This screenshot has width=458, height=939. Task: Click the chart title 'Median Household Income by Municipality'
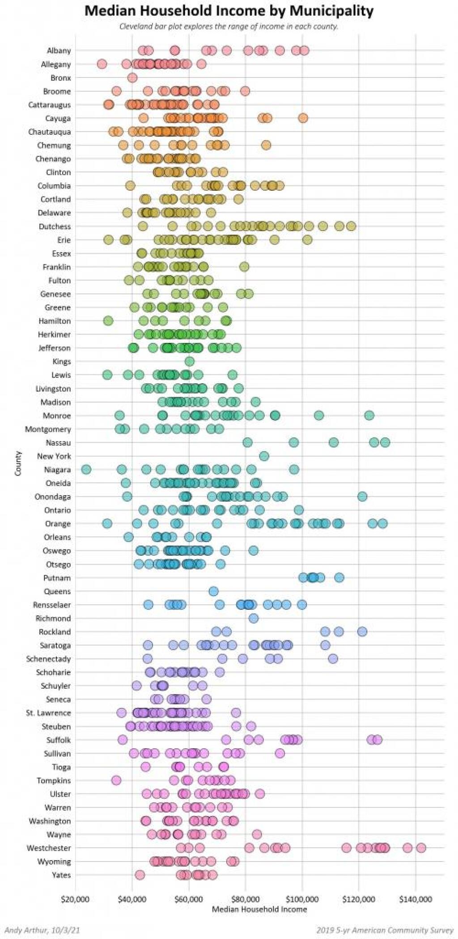point(229,10)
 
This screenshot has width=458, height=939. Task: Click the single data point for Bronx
point(132,78)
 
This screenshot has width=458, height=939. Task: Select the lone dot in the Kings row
point(190,361)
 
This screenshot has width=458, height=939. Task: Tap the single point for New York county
point(264,456)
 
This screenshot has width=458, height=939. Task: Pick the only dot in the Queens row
point(213,592)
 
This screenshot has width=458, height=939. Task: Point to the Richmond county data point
point(254,618)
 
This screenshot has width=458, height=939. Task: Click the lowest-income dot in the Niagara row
point(86,470)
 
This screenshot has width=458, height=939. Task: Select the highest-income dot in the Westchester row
point(421,848)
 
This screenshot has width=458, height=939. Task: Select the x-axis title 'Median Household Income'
point(259,909)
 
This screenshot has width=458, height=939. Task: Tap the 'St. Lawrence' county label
point(48,713)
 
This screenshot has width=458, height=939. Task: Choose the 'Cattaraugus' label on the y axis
point(49,105)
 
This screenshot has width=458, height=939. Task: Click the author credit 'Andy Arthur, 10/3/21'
point(42,930)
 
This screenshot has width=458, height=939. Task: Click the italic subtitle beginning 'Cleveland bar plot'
point(229,26)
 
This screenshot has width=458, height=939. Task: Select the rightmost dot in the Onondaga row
point(362,497)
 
